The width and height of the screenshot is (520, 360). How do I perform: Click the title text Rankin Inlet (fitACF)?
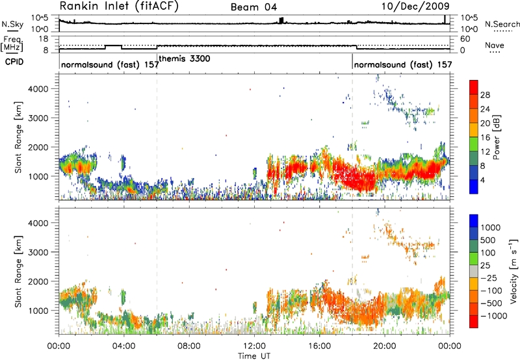(119, 6)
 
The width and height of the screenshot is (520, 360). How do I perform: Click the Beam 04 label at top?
(253, 7)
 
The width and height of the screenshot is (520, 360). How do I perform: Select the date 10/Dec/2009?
(415, 6)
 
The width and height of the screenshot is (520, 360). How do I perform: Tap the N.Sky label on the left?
(12, 24)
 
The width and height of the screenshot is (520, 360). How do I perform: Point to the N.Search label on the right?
(502, 24)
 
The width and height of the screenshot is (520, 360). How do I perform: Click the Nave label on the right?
(495, 45)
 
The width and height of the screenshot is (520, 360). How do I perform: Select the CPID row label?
(14, 62)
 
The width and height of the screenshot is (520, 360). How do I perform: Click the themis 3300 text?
(185, 59)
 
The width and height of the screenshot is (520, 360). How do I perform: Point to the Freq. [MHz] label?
(12, 44)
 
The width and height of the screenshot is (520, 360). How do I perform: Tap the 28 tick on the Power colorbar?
(485, 95)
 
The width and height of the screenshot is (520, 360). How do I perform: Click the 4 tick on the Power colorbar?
(482, 181)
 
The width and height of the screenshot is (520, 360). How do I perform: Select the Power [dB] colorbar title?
(497, 137)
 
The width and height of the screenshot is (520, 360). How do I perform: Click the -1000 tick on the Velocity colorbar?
(493, 316)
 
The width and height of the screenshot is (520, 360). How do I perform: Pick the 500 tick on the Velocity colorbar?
(488, 240)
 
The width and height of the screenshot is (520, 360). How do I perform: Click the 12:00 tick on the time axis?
(254, 346)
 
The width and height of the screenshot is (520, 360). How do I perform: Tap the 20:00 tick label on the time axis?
(384, 346)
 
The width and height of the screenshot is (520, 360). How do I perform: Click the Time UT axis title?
(254, 356)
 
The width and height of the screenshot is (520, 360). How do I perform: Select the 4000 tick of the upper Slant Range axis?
(39, 89)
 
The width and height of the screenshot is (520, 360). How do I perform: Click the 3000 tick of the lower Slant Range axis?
(39, 252)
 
